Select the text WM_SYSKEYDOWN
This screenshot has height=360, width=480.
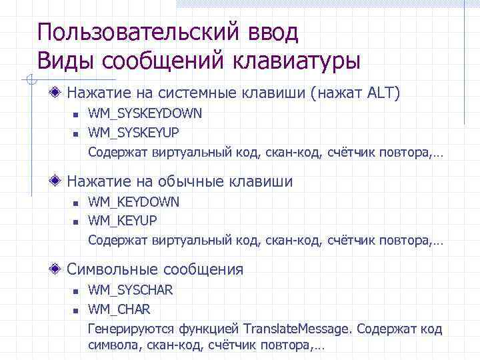click(x=145, y=114)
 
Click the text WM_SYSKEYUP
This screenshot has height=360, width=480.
click(x=133, y=131)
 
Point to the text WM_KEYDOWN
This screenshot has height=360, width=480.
click(x=134, y=202)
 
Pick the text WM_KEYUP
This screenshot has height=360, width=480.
click(x=123, y=219)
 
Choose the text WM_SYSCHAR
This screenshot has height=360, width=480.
click(x=131, y=290)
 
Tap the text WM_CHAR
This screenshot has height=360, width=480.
click(x=119, y=309)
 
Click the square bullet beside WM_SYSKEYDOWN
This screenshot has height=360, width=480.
click(x=76, y=115)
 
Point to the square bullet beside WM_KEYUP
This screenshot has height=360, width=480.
click(x=76, y=220)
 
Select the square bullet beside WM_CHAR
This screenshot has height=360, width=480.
click(x=76, y=310)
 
